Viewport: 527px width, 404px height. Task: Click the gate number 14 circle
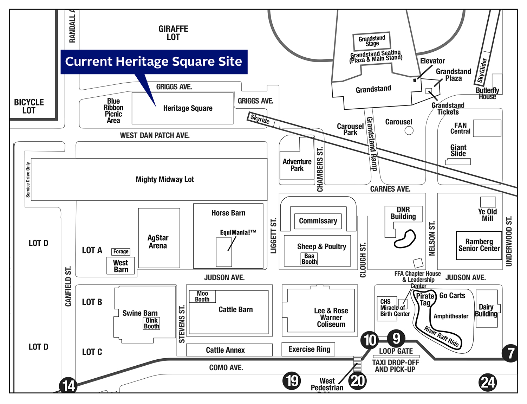tap(69, 385)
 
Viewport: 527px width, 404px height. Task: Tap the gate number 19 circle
tap(292, 381)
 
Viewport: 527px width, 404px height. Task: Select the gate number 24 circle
tap(488, 382)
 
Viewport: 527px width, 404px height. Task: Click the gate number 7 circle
tap(510, 353)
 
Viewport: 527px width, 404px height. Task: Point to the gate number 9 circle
tap(396, 339)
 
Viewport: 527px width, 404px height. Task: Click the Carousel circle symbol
tap(409, 130)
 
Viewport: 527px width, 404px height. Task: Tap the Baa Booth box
tap(309, 259)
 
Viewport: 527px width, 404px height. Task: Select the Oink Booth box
tap(151, 323)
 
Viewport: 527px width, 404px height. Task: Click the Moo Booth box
tap(202, 296)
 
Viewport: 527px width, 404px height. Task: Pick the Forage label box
tap(121, 251)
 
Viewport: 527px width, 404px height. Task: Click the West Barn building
tap(121, 266)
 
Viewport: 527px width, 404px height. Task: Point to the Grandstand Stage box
tap(372, 41)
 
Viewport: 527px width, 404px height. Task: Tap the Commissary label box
tap(318, 221)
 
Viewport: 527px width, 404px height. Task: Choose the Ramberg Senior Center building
tap(479, 245)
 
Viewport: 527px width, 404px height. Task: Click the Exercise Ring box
tap(309, 349)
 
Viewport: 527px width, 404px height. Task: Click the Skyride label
tap(260, 119)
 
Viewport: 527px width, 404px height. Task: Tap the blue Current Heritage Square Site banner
tap(154, 62)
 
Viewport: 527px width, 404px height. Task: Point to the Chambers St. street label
tap(320, 170)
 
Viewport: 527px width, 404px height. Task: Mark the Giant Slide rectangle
tap(458, 162)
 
